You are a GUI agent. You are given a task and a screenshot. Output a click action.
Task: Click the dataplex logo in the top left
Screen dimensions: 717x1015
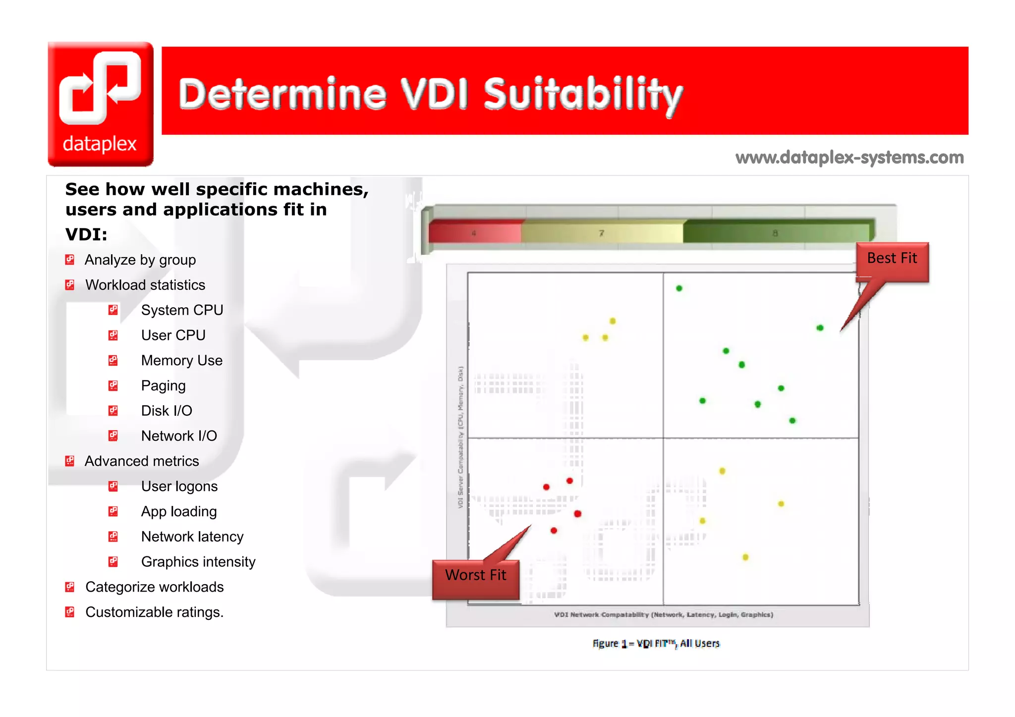(101, 104)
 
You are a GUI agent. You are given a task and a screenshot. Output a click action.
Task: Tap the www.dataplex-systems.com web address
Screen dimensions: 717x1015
(849, 158)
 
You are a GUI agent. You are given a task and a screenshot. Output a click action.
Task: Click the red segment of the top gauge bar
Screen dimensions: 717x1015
(474, 232)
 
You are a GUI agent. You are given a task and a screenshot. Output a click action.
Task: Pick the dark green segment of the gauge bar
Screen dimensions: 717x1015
(776, 232)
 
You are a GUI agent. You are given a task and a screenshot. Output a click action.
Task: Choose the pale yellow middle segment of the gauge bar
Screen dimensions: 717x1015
(601, 232)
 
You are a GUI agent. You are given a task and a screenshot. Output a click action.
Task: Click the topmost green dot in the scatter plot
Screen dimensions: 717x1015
(679, 288)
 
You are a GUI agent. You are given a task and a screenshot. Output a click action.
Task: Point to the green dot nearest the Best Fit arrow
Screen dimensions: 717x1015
(820, 328)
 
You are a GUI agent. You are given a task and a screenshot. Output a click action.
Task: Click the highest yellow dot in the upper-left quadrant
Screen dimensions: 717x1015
(613, 321)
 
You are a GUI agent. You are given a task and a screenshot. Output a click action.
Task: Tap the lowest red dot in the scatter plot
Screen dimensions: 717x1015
(554, 531)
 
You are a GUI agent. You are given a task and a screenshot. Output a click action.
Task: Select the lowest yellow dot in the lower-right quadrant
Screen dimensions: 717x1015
(745, 557)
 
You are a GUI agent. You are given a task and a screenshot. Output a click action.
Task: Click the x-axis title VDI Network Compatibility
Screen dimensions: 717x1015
(663, 614)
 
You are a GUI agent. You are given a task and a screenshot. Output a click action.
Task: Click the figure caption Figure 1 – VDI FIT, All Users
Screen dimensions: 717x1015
(656, 643)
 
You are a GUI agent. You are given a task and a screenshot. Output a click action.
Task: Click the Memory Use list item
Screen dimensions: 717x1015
(181, 360)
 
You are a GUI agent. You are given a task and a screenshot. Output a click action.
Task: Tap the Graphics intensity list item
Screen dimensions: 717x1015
(198, 561)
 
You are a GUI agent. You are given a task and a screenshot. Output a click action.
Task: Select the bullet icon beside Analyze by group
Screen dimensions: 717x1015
(70, 260)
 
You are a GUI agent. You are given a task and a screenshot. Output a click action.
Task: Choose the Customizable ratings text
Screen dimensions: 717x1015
(154, 612)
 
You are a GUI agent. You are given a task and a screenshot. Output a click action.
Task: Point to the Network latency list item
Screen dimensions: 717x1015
(192, 537)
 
